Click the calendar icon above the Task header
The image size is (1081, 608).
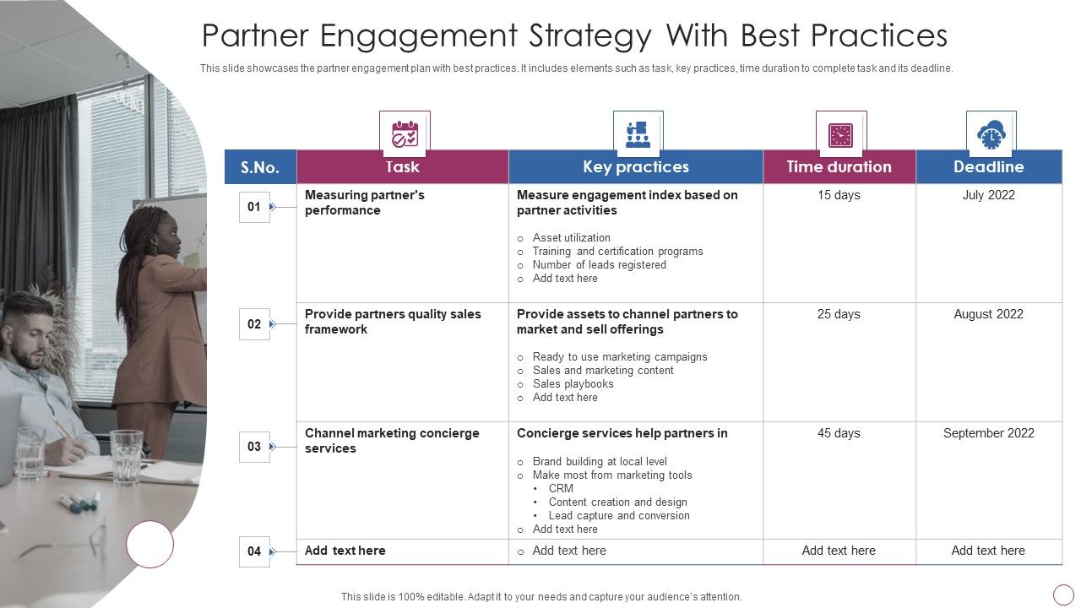pos(405,134)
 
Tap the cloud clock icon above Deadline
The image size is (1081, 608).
pos(991,134)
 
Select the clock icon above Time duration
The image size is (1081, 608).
pos(840,134)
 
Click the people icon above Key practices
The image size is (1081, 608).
pos(638,134)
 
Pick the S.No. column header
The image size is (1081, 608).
pos(260,167)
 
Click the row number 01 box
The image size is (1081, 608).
pos(254,207)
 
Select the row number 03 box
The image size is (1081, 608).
pos(254,447)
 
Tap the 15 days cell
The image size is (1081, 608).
pos(839,195)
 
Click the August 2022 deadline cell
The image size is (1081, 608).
pos(988,314)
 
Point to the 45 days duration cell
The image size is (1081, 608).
pos(839,433)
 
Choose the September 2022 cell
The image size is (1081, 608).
pos(988,433)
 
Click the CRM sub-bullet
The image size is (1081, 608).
pos(561,488)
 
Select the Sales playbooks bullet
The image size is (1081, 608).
pos(573,383)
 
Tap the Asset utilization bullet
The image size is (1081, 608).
pos(571,238)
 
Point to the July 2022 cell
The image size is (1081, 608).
pos(988,195)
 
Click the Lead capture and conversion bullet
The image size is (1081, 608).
pos(619,515)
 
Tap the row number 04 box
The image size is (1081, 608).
pos(254,551)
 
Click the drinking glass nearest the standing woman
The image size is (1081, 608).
pos(127,456)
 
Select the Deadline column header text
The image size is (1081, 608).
pos(988,167)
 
